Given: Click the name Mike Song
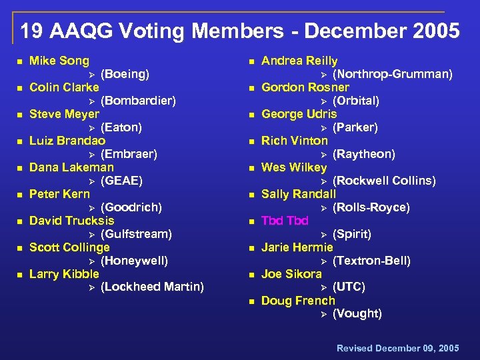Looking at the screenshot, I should click(x=59, y=61).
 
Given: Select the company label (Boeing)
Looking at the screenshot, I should click(x=125, y=74).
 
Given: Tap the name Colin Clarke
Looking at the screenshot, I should click(x=64, y=87).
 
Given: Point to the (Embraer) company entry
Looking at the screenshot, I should click(x=129, y=154).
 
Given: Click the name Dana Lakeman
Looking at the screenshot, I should click(x=71, y=167).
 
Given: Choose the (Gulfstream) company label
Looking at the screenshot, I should click(x=136, y=234).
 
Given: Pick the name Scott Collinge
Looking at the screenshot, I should click(x=69, y=247).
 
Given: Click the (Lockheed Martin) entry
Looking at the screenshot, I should click(x=152, y=287).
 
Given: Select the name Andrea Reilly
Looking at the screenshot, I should click(x=299, y=61).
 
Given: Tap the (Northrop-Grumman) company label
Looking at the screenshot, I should click(x=392, y=74).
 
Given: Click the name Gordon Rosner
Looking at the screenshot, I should click(x=305, y=87).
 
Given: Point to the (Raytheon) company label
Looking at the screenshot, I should click(x=363, y=154).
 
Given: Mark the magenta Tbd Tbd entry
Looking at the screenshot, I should click(x=285, y=221).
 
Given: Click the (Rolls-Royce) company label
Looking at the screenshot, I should click(x=371, y=207).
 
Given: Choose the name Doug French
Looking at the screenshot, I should click(x=298, y=301).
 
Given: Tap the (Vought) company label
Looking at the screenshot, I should click(x=357, y=314).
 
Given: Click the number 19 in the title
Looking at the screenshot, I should click(x=29, y=31).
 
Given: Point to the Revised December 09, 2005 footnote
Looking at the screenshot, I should click(x=398, y=348).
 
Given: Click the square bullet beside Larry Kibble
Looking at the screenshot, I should click(x=19, y=275).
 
